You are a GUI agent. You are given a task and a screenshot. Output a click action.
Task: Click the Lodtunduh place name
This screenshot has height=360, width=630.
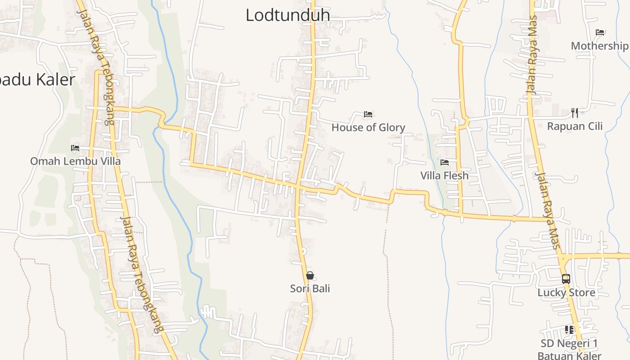pyautogui.click(x=288, y=15)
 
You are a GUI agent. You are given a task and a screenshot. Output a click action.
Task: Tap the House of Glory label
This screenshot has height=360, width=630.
pyautogui.click(x=368, y=127)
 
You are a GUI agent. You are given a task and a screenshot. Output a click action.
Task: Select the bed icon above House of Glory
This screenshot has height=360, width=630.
pyautogui.click(x=368, y=114)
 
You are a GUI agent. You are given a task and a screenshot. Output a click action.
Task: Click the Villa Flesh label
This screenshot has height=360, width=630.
pyautogui.click(x=444, y=175)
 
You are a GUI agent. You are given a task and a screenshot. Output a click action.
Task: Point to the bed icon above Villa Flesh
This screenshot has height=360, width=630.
pyautogui.click(x=445, y=162)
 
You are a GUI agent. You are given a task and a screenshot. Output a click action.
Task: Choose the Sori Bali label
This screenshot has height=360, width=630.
pyautogui.click(x=310, y=288)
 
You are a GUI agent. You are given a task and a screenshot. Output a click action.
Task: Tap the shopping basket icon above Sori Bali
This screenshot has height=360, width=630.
pyautogui.click(x=310, y=275)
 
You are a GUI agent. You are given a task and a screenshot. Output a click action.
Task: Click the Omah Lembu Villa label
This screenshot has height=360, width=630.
pyautogui.click(x=75, y=161)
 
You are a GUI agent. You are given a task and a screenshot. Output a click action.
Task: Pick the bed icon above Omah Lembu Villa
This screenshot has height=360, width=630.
pyautogui.click(x=75, y=148)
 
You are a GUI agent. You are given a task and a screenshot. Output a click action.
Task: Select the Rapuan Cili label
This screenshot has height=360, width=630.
pyautogui.click(x=575, y=126)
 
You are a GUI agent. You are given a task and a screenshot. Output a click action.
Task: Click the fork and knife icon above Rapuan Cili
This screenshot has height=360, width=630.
pyautogui.click(x=575, y=112)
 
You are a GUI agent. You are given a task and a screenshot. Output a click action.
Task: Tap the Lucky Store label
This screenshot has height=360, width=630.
pyautogui.click(x=566, y=292)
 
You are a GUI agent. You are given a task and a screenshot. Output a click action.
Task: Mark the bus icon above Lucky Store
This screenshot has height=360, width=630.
pyautogui.click(x=566, y=279)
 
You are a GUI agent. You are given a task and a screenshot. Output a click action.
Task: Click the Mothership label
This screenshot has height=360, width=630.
pyautogui.click(x=599, y=45)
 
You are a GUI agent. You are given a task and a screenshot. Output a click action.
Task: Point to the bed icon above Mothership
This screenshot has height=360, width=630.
pyautogui.click(x=600, y=32)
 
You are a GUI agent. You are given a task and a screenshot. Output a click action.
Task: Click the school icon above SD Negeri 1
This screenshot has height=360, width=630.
pyautogui.click(x=569, y=330)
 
